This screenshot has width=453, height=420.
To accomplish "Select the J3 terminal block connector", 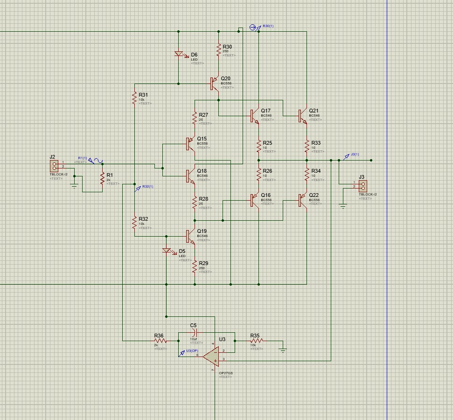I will click(x=362, y=185).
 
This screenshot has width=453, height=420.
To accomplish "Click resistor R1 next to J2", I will click(x=102, y=178).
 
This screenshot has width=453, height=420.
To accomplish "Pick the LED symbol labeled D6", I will click(x=179, y=54).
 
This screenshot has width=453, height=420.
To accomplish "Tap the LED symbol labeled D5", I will click(x=167, y=251).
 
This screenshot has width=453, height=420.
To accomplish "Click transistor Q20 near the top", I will click(x=215, y=84).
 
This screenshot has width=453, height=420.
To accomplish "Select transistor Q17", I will click(x=254, y=115).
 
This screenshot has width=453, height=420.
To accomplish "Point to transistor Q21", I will click(x=302, y=115).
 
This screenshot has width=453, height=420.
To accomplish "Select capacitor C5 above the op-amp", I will click(x=193, y=332).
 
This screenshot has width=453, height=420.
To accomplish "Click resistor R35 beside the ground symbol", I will click(x=256, y=341).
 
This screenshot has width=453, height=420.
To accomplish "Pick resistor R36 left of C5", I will click(x=160, y=341).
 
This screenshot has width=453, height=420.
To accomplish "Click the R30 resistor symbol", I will click(x=218, y=50).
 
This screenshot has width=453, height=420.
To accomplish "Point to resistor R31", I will click(x=134, y=98).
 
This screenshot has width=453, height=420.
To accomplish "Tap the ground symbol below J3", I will click(x=343, y=206).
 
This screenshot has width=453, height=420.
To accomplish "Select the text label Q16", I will click(x=265, y=196).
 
